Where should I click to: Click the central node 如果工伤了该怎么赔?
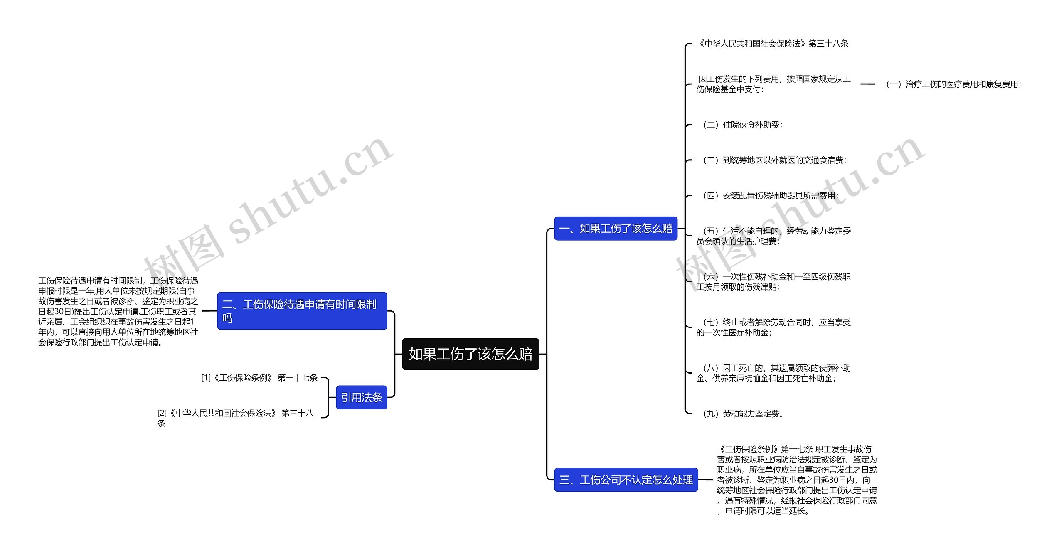click(470, 354)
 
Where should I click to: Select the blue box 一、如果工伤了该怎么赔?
click(616, 229)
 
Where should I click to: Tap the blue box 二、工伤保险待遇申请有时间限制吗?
click(302, 311)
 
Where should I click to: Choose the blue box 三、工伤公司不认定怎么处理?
click(626, 480)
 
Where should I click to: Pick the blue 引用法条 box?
click(361, 398)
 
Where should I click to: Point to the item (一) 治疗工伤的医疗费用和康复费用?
click(953, 84)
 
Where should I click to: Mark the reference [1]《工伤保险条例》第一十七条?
click(259, 378)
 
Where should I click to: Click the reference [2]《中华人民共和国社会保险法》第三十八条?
click(235, 418)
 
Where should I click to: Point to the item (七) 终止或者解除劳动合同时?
click(773, 327)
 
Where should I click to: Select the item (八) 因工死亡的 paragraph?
click(773, 373)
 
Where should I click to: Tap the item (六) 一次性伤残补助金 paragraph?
click(773, 282)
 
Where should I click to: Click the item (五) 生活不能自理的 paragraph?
click(773, 236)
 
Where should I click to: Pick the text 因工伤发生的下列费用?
click(773, 84)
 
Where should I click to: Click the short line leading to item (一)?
click(867, 84)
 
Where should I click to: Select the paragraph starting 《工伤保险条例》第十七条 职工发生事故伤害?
click(797, 480)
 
